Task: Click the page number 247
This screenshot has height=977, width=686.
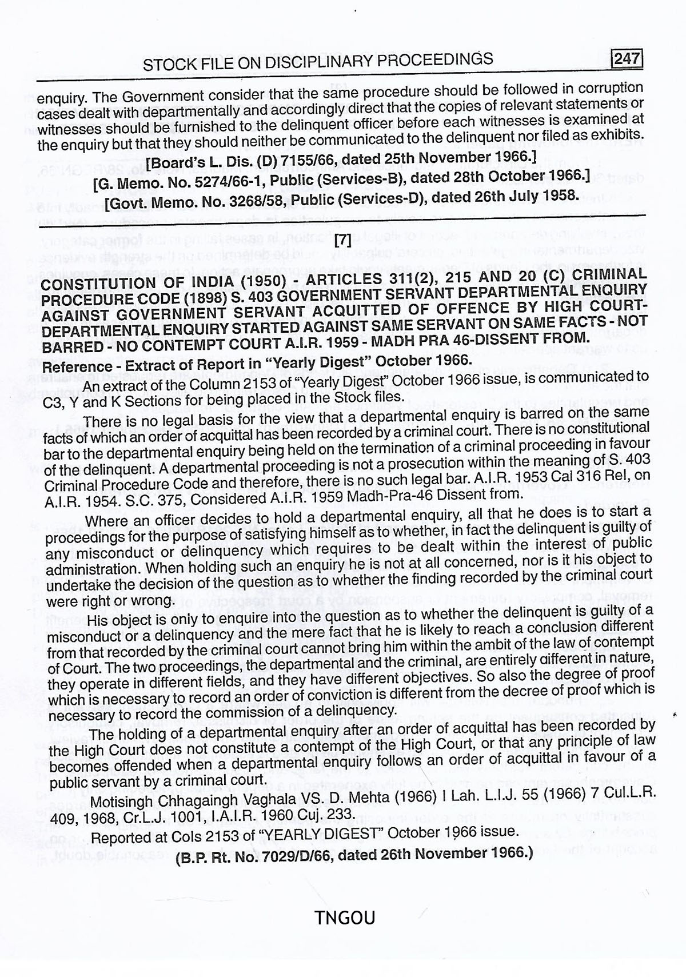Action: [627, 59]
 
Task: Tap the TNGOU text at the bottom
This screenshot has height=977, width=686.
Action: [344, 918]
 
